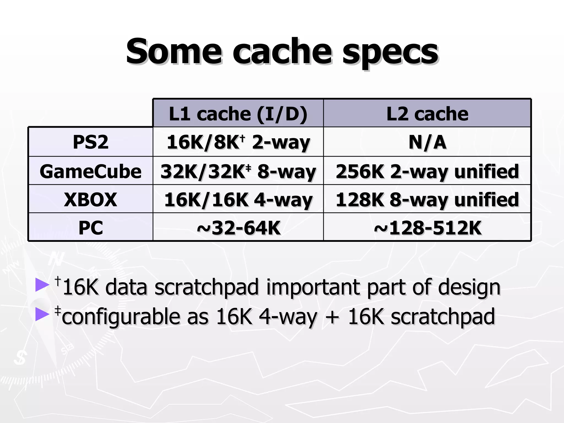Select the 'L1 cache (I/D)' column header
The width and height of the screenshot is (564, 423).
pyautogui.click(x=238, y=113)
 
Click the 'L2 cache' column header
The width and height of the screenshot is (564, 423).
pyautogui.click(x=427, y=113)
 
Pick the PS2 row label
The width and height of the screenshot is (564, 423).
pyautogui.click(x=91, y=142)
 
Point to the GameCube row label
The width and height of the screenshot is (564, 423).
pyautogui.click(x=91, y=171)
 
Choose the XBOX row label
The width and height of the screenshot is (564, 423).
pyautogui.click(x=91, y=199)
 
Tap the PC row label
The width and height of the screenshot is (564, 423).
pyautogui.click(x=91, y=228)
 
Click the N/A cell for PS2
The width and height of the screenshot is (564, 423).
pyautogui.click(x=427, y=142)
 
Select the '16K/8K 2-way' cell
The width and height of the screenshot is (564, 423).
pyautogui.click(x=238, y=142)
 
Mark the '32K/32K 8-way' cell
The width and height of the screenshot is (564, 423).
pyautogui.click(x=238, y=171)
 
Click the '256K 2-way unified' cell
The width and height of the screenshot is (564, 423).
pyautogui.click(x=427, y=171)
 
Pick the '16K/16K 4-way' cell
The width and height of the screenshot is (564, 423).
pyautogui.click(x=238, y=199)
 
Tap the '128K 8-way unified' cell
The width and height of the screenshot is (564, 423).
pyautogui.click(x=427, y=199)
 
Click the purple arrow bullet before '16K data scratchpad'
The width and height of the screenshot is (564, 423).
pyautogui.click(x=42, y=285)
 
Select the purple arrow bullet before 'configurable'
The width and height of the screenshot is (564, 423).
pyautogui.click(x=42, y=314)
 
